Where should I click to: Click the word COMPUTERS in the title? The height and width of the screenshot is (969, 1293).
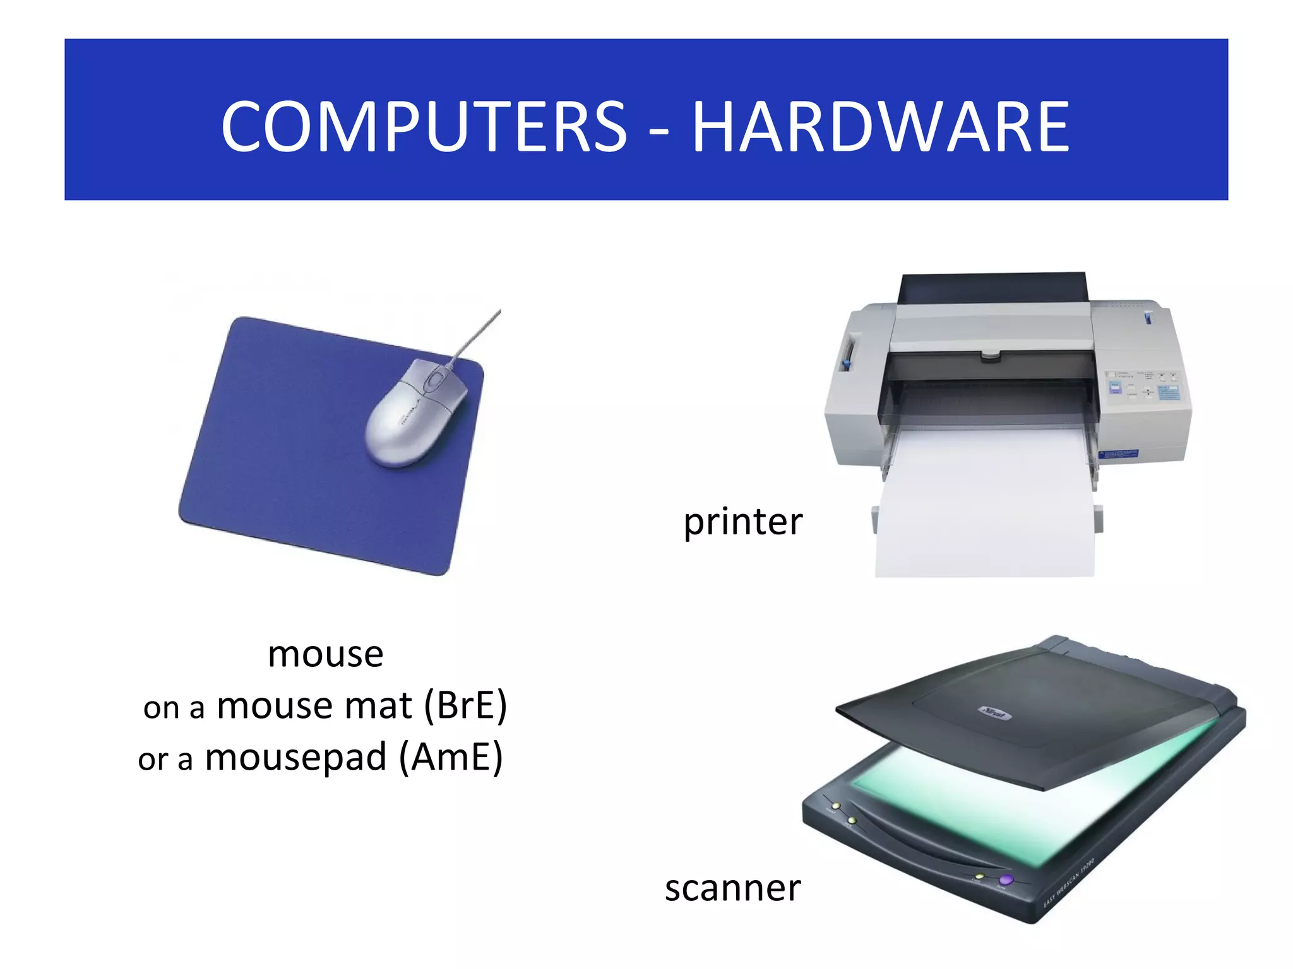[x=424, y=127]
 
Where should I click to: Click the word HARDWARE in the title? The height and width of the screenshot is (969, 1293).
[x=881, y=127]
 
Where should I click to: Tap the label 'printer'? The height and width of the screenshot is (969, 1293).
[x=743, y=522]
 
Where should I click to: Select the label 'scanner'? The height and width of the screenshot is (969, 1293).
[x=732, y=888]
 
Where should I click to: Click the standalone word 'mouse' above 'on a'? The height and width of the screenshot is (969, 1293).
[x=325, y=655]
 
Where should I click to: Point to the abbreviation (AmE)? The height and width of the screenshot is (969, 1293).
[x=451, y=757]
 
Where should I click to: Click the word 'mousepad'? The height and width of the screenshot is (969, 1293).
[x=295, y=757]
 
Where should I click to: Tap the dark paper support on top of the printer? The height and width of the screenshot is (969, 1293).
[x=993, y=288]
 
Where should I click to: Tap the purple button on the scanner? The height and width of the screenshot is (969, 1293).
[x=1006, y=879]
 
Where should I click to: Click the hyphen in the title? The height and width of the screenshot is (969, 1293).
[x=658, y=132]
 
